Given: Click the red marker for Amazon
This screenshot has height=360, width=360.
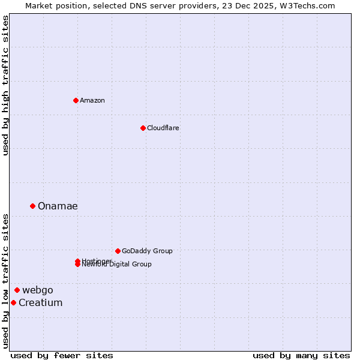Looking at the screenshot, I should [x=76, y=100].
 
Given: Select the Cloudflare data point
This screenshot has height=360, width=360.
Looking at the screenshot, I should [x=143, y=128].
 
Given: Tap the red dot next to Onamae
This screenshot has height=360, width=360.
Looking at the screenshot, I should [x=32, y=206].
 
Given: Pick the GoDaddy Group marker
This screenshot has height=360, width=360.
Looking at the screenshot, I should [x=118, y=251].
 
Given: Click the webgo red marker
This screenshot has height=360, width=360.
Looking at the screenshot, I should [x=17, y=290].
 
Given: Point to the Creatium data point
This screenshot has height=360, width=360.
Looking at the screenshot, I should [x=13, y=302].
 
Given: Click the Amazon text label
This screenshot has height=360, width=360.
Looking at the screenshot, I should [x=92, y=100].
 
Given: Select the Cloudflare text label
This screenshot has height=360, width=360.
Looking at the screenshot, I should [x=163, y=128].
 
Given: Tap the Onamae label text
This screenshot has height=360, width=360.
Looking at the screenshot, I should [x=58, y=206].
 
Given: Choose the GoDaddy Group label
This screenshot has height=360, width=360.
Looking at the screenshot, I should [x=146, y=251].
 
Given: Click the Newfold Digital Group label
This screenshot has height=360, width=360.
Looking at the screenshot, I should [x=116, y=265].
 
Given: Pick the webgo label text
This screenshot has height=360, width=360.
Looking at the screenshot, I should [x=38, y=290].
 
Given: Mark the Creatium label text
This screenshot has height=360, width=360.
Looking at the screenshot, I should [x=40, y=302].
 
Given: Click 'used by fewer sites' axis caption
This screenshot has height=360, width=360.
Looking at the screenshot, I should [x=62, y=355].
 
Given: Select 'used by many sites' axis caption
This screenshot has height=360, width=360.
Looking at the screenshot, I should [x=301, y=355].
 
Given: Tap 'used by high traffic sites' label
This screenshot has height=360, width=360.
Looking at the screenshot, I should [x=5, y=85].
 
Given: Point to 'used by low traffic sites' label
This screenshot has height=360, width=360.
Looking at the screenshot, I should [x=5, y=280].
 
